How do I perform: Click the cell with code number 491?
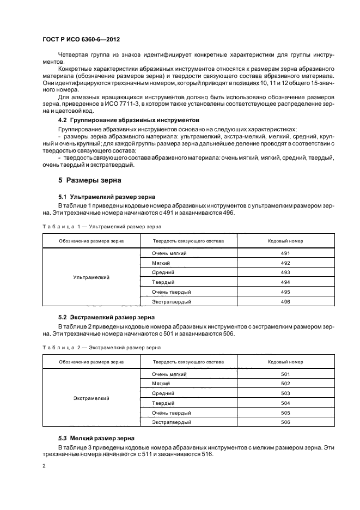(x=286, y=253)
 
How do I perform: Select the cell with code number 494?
(x=286, y=282)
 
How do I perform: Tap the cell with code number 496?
(x=286, y=301)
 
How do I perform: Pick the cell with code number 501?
(x=286, y=374)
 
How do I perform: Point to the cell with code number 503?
(x=286, y=393)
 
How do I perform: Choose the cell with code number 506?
(x=286, y=422)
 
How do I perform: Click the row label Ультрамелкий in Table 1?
(x=91, y=277)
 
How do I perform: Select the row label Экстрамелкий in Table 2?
(x=91, y=398)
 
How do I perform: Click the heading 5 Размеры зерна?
(x=90, y=180)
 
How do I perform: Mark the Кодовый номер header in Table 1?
(x=286, y=240)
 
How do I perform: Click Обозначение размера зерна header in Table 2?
(x=91, y=361)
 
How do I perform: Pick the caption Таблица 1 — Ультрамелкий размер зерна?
(x=101, y=226)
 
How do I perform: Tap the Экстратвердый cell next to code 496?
(x=172, y=301)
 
